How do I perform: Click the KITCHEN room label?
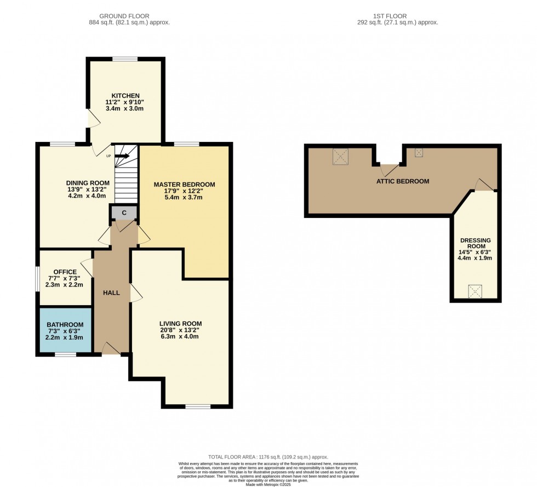click(126, 95)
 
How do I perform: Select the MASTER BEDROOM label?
click(184, 184)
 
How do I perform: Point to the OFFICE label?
click(64, 271)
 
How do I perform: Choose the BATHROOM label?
click(65, 324)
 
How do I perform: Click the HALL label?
click(111, 293)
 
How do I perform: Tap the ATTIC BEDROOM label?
click(403, 181)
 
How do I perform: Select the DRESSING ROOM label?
click(476, 243)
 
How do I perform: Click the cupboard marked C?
click(124, 213)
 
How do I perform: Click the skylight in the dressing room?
click(475, 291)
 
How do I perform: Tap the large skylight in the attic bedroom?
click(341, 157)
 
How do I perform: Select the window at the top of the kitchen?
click(125, 59)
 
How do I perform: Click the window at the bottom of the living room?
click(197, 406)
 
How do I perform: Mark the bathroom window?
click(65, 355)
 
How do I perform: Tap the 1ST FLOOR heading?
click(397, 16)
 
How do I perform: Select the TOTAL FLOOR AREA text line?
click(268, 456)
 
